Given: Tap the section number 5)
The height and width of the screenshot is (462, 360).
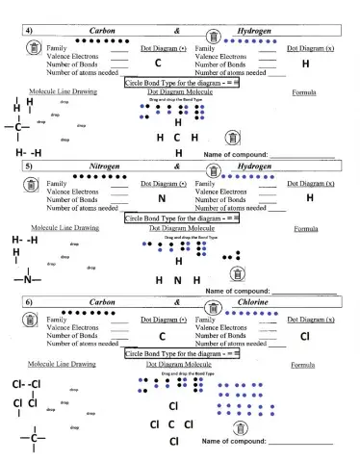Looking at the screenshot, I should click(x=29, y=166).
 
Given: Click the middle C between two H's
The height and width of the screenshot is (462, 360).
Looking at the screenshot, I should click(x=178, y=138).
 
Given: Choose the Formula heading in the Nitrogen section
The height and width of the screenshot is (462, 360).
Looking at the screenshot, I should click(x=306, y=229).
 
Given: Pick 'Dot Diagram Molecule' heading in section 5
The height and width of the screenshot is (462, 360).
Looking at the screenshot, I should click(x=182, y=229).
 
